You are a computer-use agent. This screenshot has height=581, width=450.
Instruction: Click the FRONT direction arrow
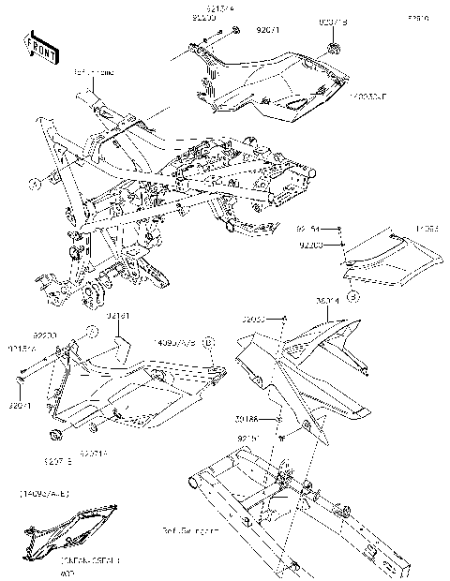pos(37,45)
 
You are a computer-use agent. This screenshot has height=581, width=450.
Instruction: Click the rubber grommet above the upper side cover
pos(333,47)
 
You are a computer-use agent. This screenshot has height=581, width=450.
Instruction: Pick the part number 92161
pos(118,317)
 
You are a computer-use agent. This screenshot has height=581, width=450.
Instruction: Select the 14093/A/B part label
pos(175,343)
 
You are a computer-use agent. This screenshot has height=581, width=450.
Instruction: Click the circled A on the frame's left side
pos(34,185)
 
